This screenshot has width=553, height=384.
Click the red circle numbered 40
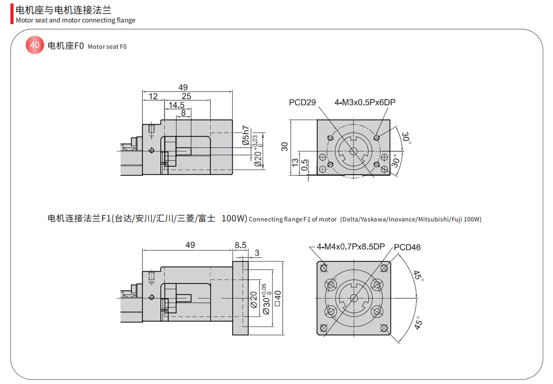pyautogui.click(x=35, y=45)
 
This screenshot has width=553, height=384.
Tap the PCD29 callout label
pyautogui.click(x=302, y=102)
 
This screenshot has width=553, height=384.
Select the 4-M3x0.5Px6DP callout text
pyautogui.click(x=364, y=102)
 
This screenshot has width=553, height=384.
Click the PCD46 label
pyautogui.click(x=407, y=247)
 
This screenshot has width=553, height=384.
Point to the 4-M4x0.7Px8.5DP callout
pyautogui.click(x=350, y=247)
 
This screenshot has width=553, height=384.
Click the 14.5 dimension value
pyautogui.click(x=176, y=105)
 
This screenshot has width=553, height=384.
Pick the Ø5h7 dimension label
pyautogui.click(x=246, y=135)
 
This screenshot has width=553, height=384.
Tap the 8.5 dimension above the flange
pyautogui.click(x=240, y=245)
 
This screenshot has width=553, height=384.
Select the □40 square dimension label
pyautogui.click(x=278, y=298)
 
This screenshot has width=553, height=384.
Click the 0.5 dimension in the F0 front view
pyautogui.click(x=305, y=165)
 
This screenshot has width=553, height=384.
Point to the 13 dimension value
pyautogui.click(x=295, y=163)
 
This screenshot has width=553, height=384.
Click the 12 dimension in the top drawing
pyautogui.click(x=153, y=96)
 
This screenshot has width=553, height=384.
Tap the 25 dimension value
pyautogui.click(x=186, y=96)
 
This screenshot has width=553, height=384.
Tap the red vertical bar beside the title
pyautogui.click(x=12, y=14)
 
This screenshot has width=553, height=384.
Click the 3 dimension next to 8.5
pyautogui.click(x=257, y=253)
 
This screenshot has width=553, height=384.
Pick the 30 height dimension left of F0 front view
pyautogui.click(x=284, y=146)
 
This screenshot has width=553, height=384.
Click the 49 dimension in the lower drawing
pyautogui.click(x=190, y=245)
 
